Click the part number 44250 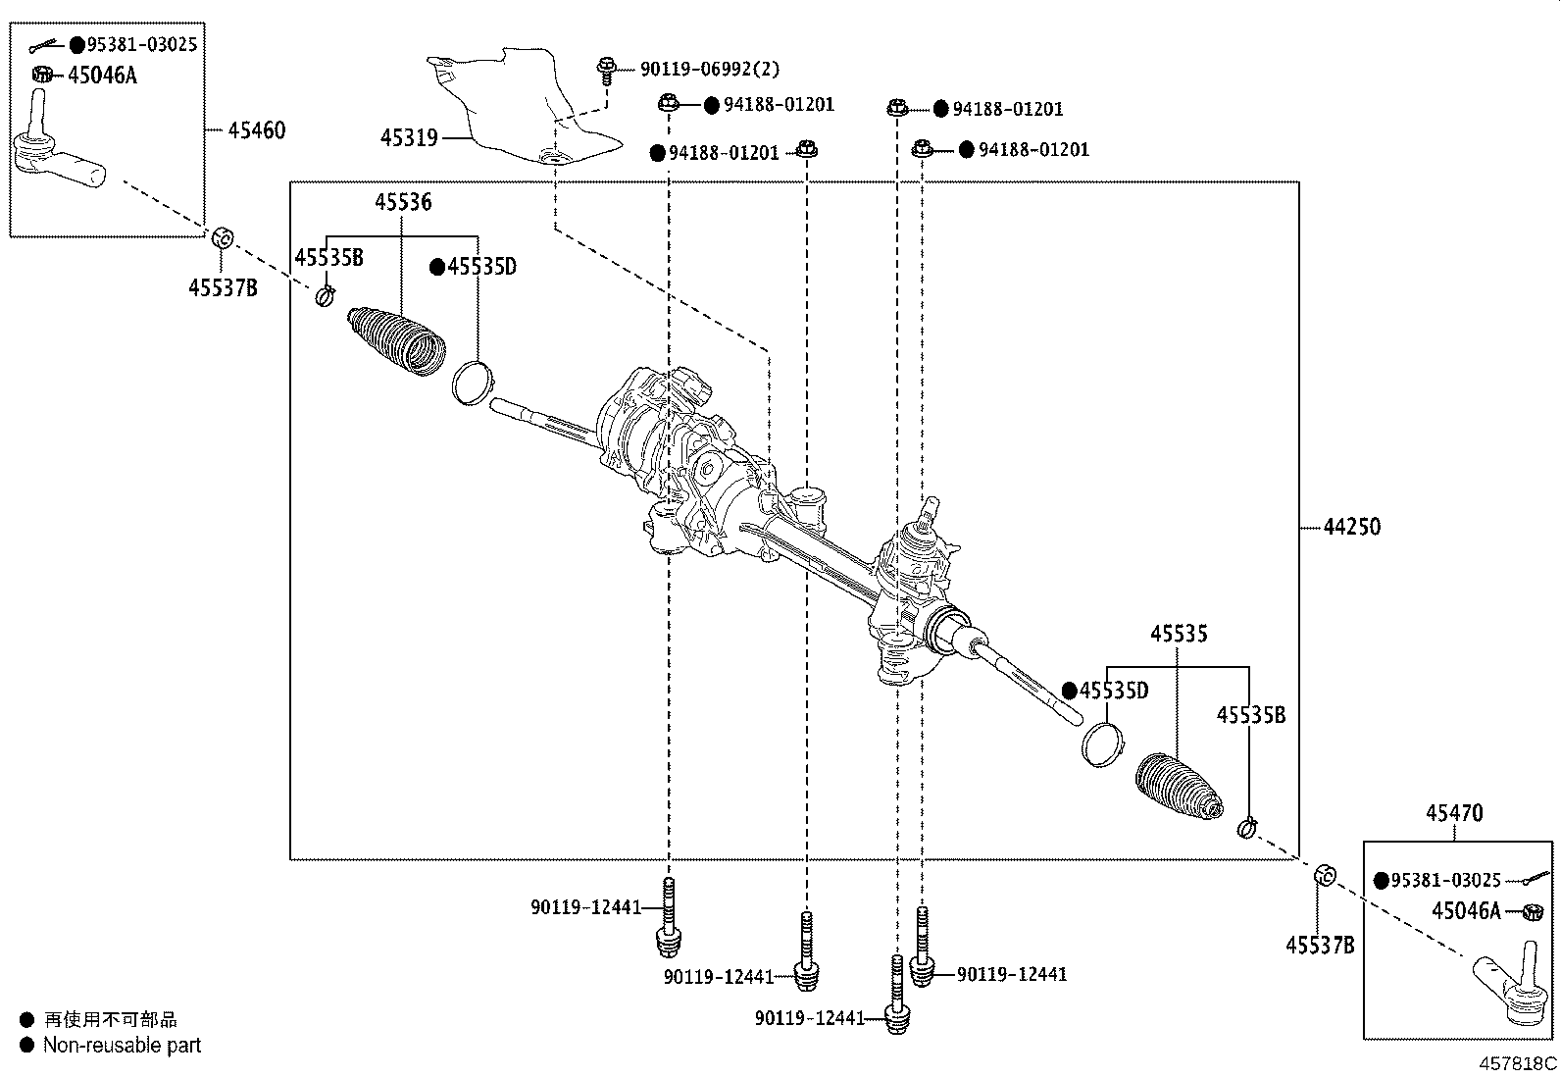tap(1351, 527)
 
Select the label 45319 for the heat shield tap(409, 138)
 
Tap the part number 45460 tap(257, 130)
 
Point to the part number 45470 tap(1454, 813)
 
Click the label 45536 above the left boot tap(402, 203)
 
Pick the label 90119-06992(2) tap(710, 70)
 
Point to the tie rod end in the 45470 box tap(1509, 988)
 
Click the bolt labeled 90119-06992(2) tap(605, 70)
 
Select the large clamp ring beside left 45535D tap(473, 382)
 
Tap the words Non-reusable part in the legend tap(122, 1046)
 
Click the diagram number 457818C tap(1518, 1063)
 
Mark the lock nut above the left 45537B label tap(223, 237)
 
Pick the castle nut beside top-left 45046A tap(42, 75)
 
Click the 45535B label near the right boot tap(1250, 716)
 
